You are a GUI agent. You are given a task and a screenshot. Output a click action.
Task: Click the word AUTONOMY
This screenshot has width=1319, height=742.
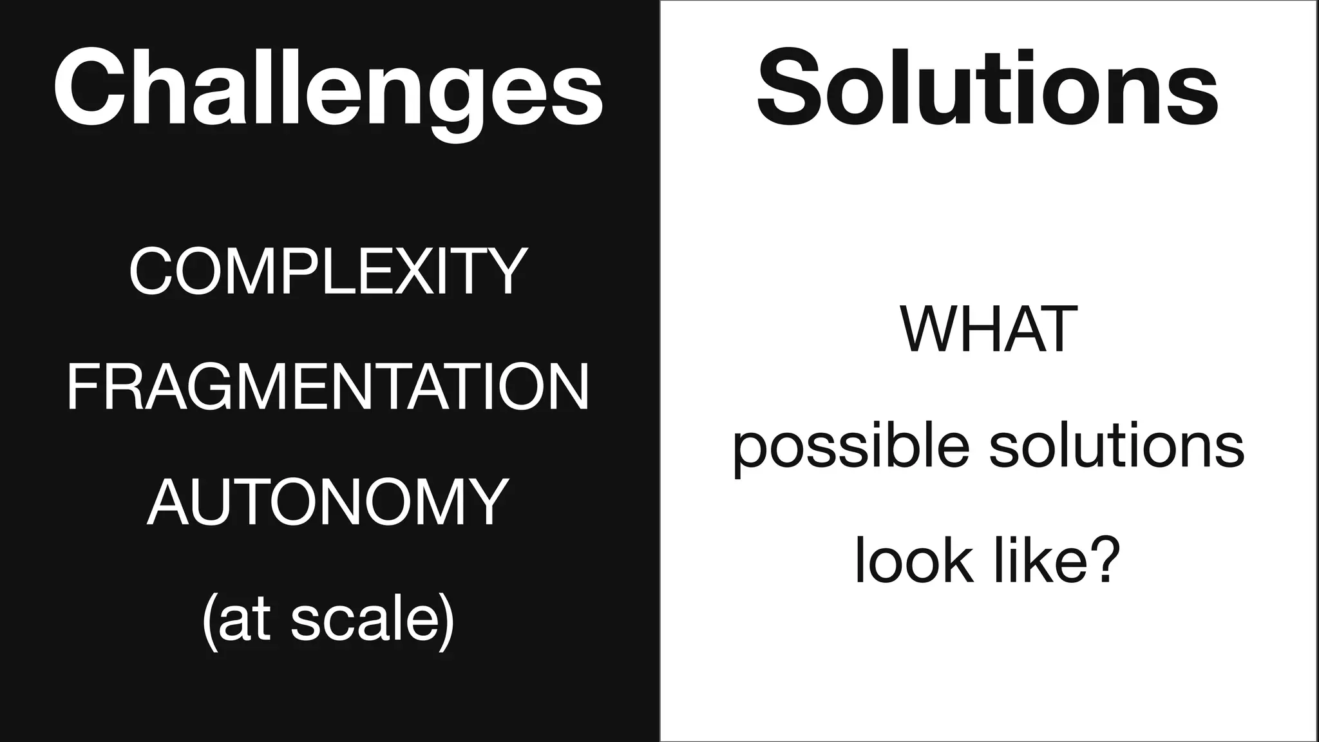coord(328,502)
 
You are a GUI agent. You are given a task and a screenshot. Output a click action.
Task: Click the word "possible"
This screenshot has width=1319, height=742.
coord(850,446)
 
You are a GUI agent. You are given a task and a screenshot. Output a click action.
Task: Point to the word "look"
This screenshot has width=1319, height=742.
coord(913,560)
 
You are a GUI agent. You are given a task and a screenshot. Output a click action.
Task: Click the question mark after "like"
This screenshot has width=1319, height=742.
coord(1104,560)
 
